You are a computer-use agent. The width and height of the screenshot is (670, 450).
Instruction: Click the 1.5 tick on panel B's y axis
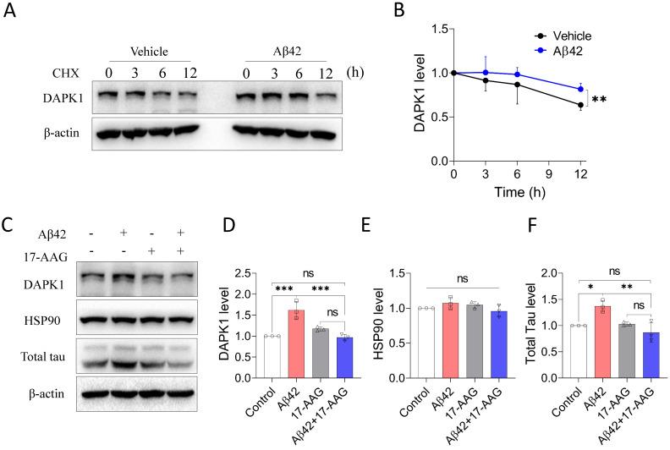(437, 30)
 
